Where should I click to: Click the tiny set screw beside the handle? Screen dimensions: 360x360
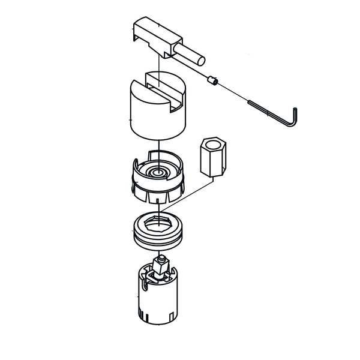click(212, 79)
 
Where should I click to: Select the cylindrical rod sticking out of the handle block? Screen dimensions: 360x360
click(191, 56)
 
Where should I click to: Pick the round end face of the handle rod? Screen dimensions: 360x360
click(202, 60)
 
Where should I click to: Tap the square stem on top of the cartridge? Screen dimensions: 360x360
click(160, 264)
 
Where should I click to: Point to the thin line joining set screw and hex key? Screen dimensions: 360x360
click(234, 91)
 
